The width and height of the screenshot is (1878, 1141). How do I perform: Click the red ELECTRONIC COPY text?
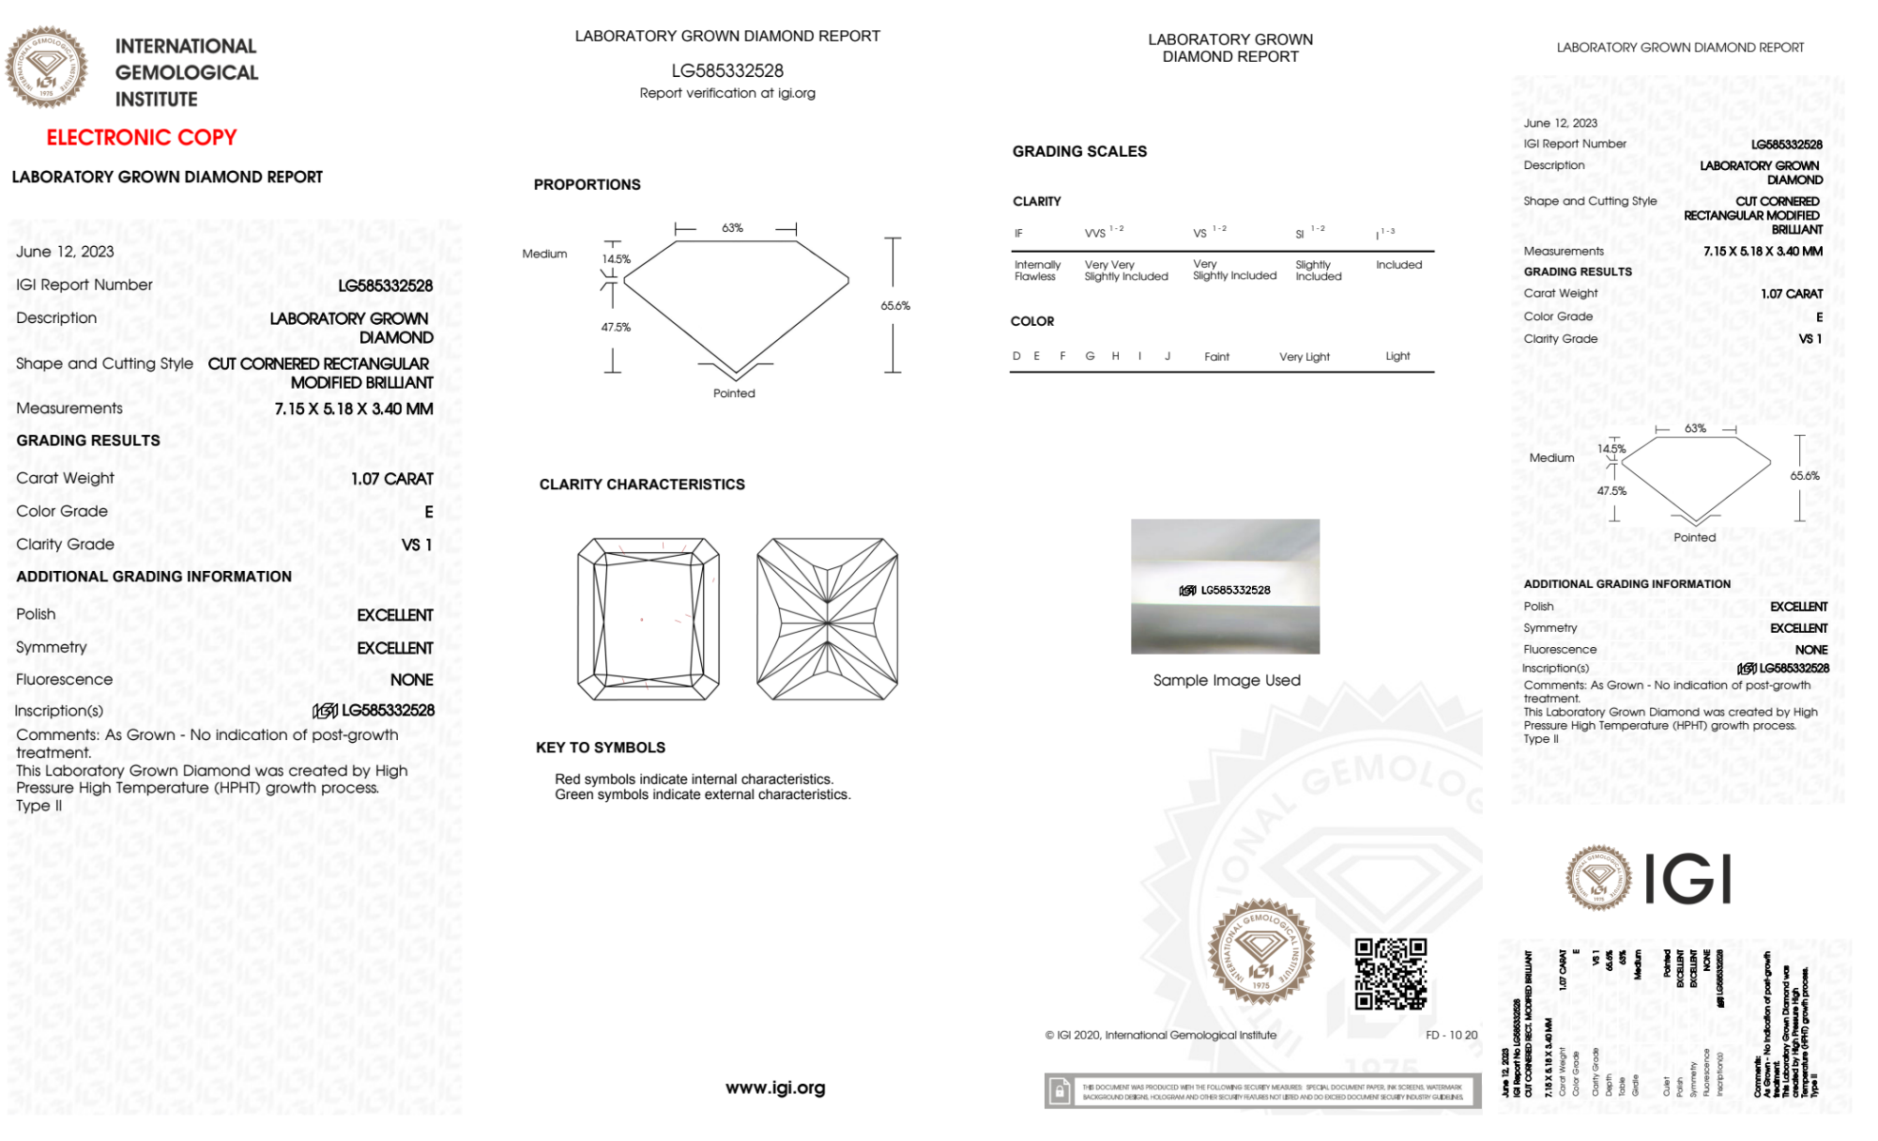pos(142,137)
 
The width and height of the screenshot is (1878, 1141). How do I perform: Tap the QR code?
pos(1390,974)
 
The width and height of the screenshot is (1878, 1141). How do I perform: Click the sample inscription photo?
pos(1225,586)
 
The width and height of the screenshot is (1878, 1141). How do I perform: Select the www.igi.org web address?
pos(775,1087)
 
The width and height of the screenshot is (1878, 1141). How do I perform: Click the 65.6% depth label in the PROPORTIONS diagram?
pos(895,305)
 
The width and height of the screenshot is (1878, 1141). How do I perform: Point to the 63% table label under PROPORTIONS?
pos(732,228)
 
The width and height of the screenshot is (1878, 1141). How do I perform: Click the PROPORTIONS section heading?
pos(587,185)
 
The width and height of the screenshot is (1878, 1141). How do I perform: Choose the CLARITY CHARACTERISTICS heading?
pos(642,485)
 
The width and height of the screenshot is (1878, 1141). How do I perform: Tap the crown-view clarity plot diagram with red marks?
pos(648,619)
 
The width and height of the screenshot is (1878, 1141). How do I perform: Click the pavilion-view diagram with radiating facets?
pos(827,619)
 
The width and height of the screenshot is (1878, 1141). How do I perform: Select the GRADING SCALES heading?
pos(1079,151)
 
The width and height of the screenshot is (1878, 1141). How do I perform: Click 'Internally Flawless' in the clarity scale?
pos(1037,270)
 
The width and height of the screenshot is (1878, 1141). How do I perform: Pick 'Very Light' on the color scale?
pos(1304,357)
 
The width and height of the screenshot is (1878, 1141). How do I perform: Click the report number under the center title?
pos(727,70)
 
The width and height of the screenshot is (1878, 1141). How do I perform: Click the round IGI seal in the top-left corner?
pos(46,68)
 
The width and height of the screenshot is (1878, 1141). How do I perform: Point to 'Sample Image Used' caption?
pos(1227,680)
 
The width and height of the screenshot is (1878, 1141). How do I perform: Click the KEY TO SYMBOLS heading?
pos(601,748)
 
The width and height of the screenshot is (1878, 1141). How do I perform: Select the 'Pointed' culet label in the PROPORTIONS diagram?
pos(734,393)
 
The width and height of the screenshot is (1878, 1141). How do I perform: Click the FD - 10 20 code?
pos(1451,1035)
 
